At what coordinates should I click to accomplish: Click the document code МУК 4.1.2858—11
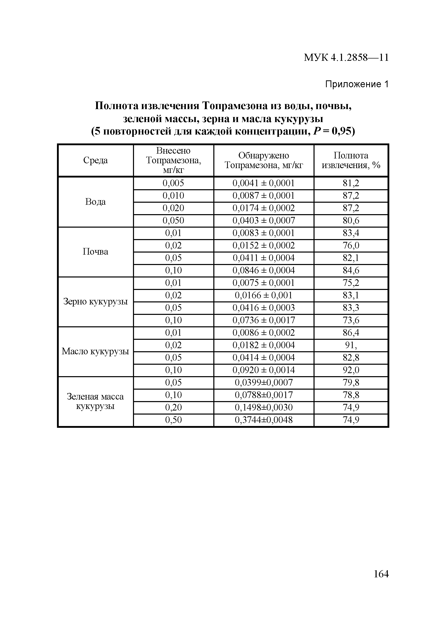point(346,58)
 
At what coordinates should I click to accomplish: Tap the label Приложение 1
point(357,84)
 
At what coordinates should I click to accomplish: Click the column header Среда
point(95,160)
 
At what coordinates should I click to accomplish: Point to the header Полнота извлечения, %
point(351,160)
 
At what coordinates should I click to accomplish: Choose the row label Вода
point(95,202)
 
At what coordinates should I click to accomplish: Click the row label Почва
point(95,252)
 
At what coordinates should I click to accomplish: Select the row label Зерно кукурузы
point(95,302)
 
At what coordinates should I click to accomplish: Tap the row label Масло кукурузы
point(95,351)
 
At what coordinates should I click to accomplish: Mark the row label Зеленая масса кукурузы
point(95,402)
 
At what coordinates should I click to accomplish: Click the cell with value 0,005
point(173,183)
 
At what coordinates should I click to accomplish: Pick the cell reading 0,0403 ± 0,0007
point(263,221)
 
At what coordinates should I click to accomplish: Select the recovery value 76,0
point(351,246)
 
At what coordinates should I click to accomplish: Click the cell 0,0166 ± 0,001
point(263,296)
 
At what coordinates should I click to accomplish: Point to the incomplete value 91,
point(351,345)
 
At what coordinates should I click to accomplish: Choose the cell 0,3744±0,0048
point(263,420)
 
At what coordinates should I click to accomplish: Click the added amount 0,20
point(173,407)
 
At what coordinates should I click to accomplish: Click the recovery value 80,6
point(351,221)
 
